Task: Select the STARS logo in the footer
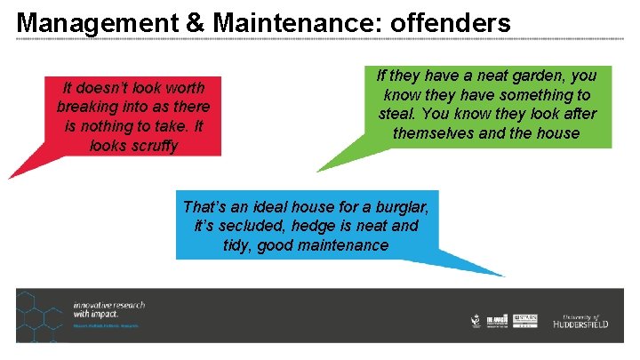526,321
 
